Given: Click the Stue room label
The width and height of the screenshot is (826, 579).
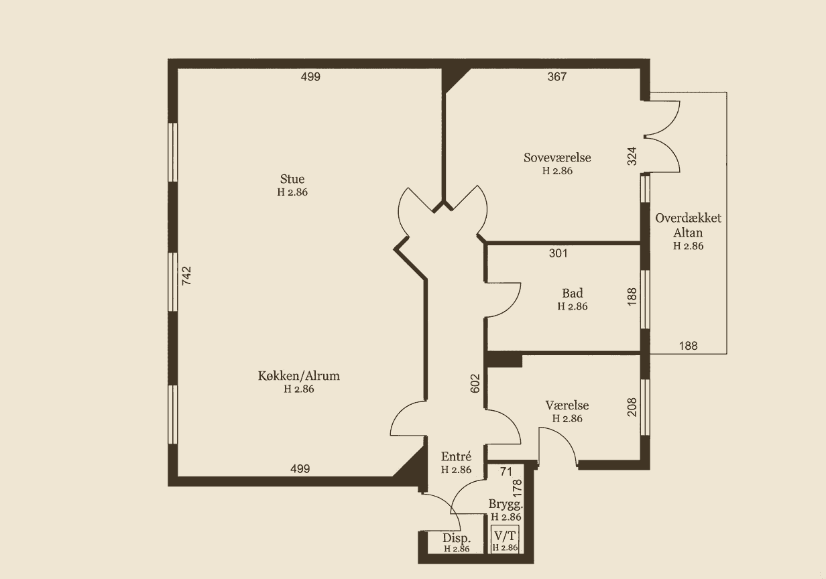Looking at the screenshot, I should coord(292,179).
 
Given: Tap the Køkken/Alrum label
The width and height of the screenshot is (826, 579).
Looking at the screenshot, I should coord(298,375).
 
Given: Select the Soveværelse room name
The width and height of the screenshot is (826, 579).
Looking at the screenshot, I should coord(557,157).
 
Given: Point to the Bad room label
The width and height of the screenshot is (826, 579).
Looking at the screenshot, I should coord(572,293).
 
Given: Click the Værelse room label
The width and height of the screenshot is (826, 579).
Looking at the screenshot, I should coord(567,405).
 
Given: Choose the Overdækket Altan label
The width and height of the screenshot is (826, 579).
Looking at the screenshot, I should coord(689,226).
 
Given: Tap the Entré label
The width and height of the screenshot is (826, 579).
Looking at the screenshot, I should coord(456,456).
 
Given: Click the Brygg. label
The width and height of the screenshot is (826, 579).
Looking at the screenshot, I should coord(506,504).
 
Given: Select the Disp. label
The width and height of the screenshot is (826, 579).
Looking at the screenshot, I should coord(456,538).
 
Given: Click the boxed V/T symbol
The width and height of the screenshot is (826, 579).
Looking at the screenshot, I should coord(506,539).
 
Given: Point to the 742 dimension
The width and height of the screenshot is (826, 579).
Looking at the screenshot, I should coord(186,275).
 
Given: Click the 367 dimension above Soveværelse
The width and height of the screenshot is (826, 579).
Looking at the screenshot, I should coord(557,76).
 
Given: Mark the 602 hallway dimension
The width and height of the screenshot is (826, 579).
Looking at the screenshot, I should coord(475,383).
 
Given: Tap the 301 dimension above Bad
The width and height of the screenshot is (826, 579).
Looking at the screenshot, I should coord(558,253).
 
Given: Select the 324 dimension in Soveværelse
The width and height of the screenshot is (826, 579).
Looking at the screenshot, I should coord(632,155).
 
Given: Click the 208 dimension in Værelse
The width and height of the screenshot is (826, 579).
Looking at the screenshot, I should coord(632,407).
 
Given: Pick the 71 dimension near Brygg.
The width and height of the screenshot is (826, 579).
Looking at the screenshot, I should coord(506,472).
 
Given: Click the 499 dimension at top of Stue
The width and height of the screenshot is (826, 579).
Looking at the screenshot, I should coord(310,76).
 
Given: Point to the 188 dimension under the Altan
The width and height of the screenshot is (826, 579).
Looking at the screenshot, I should coord(688,346).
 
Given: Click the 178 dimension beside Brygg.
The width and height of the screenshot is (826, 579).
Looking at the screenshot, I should coord(517,487).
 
